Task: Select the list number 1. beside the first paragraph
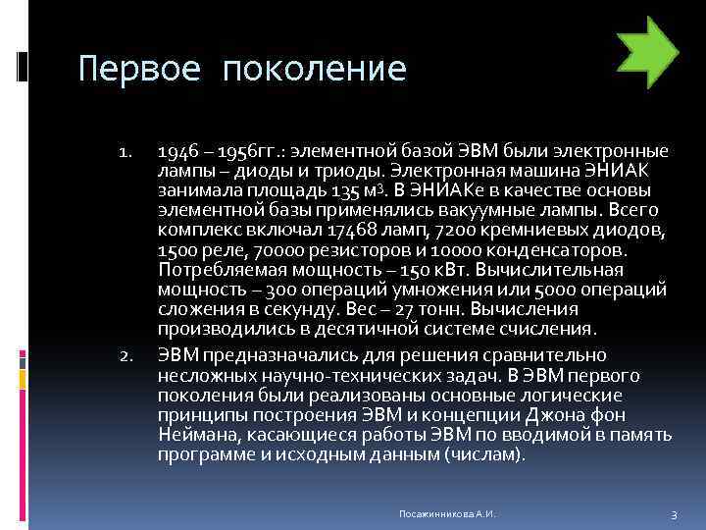click(126, 153)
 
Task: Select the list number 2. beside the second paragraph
click(125, 355)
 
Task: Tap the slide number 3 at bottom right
click(674, 514)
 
